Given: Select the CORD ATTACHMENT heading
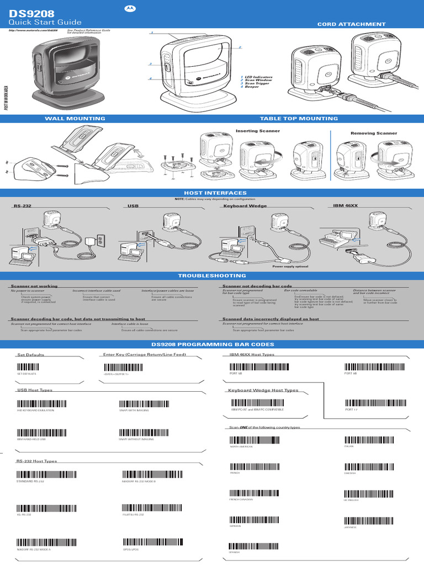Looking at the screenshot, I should pos(351,24).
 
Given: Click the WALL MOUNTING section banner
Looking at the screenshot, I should pos(75,119).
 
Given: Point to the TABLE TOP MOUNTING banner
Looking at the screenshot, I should pos(299,119).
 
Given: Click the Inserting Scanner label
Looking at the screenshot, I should pos(257,131).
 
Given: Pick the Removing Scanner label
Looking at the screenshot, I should pos(374,133).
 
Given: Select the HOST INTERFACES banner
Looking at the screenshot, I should pos(212,193).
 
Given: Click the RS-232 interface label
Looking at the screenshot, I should pos(22,206).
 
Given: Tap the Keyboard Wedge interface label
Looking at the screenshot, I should pos(245,206).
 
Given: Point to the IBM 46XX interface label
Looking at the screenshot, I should pos(345,205).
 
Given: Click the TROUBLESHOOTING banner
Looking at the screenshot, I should pos(212,275).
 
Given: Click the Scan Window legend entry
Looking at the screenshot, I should pos(259,80).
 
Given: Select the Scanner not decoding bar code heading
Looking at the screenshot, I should pos(257,286).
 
